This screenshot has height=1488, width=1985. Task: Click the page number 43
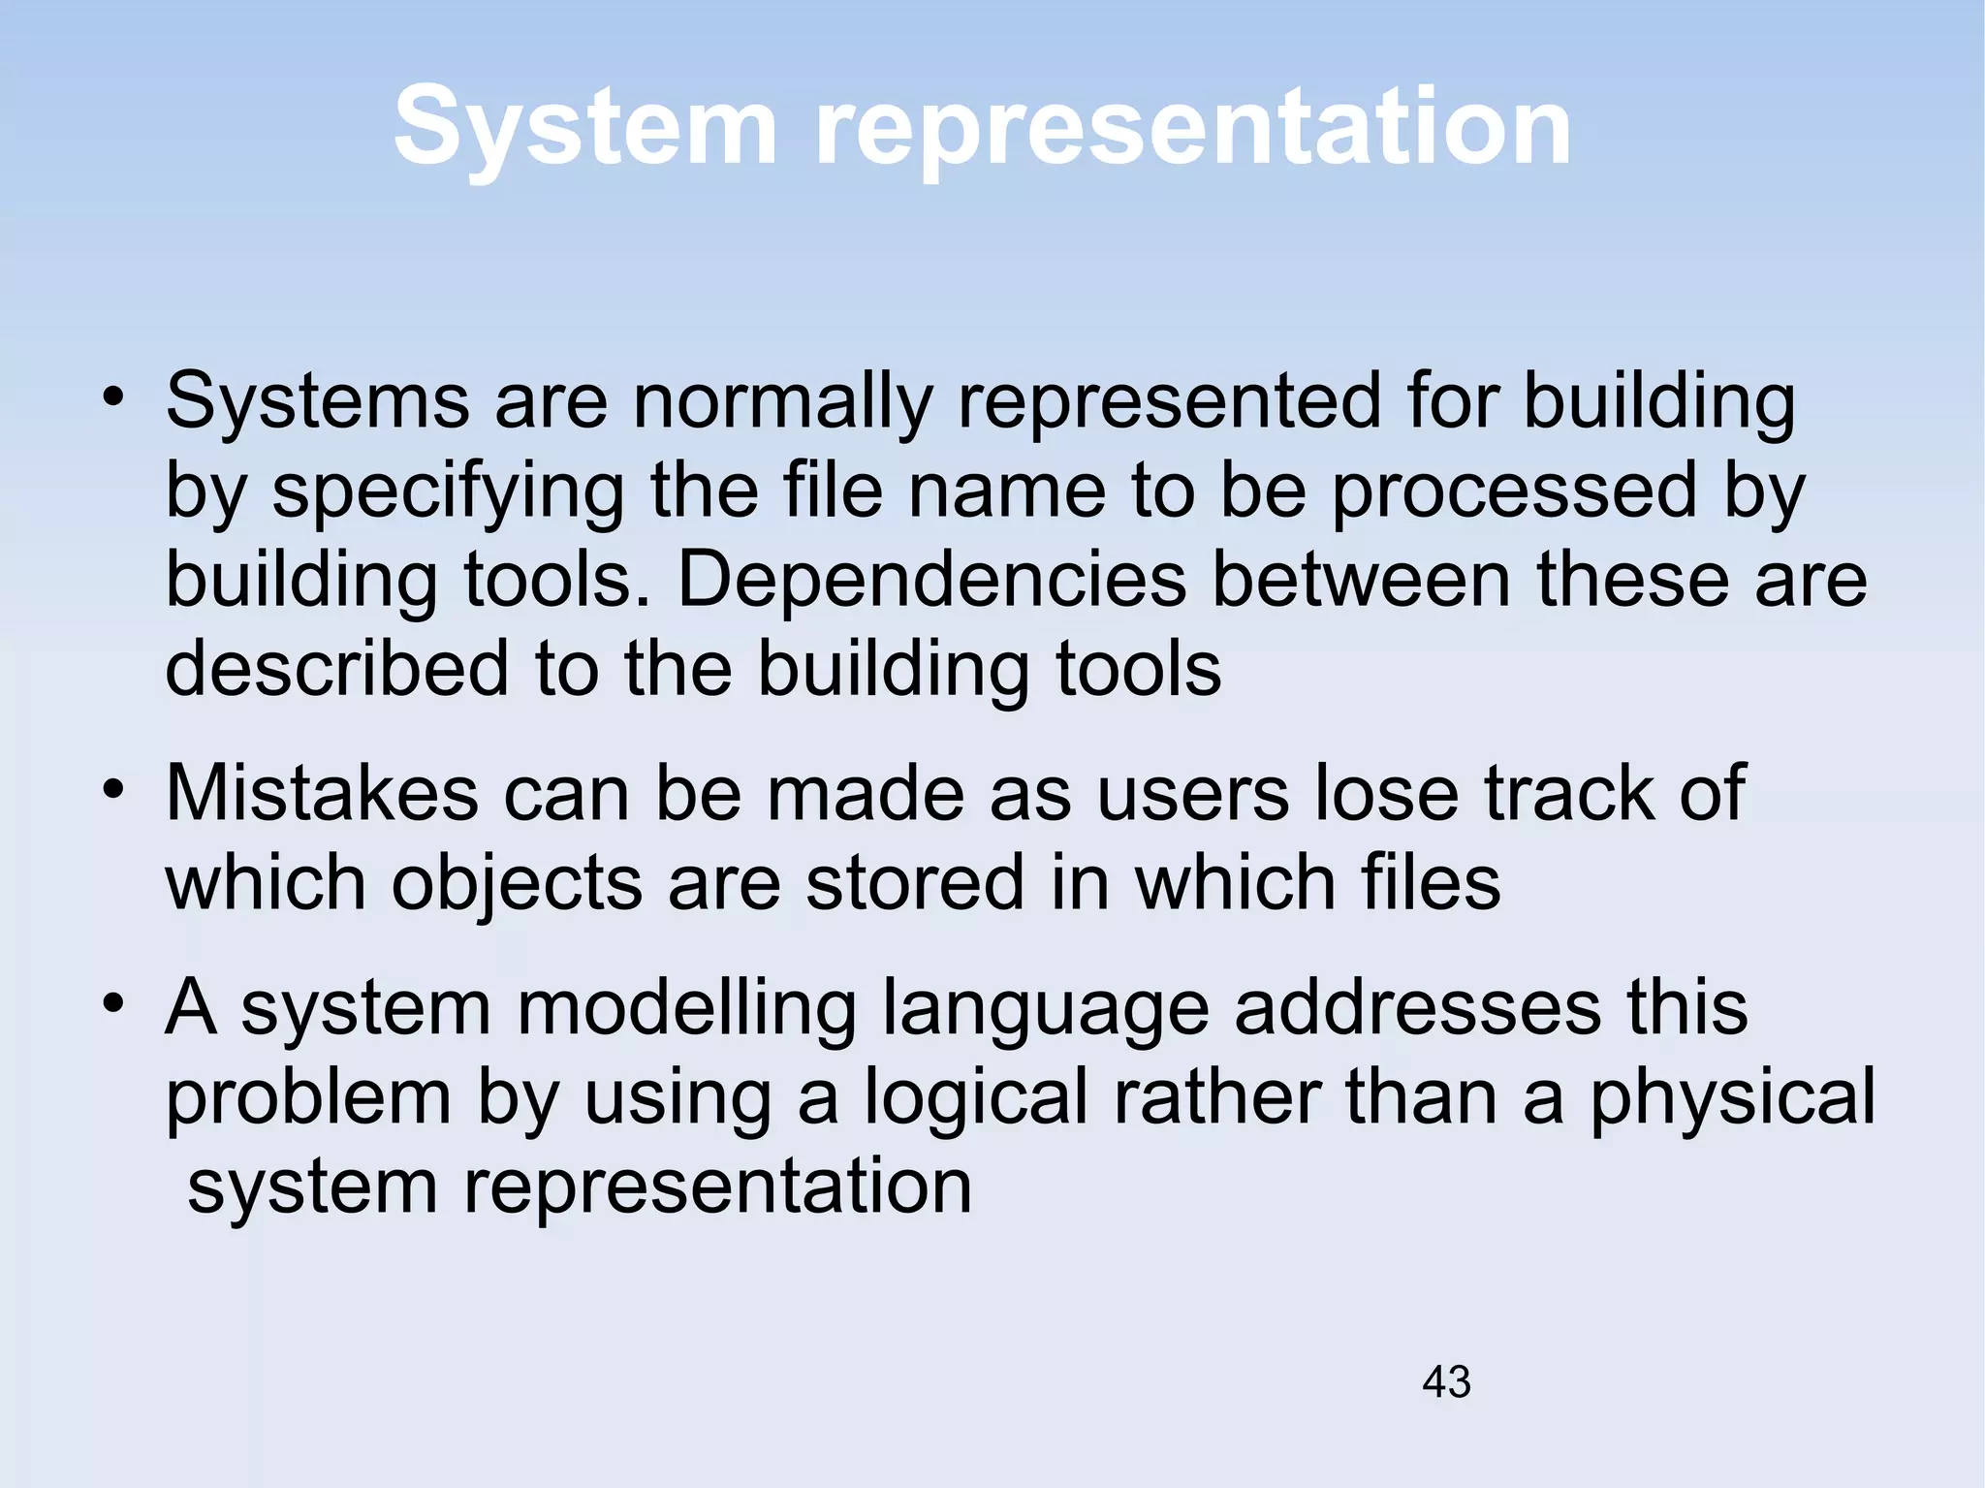(x=1446, y=1381)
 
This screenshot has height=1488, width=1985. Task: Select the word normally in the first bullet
(x=783, y=402)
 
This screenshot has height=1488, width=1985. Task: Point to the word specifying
(x=448, y=491)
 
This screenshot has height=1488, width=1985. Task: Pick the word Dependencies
(x=931, y=580)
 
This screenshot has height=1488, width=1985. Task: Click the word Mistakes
(x=322, y=794)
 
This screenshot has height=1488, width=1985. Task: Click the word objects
(x=517, y=883)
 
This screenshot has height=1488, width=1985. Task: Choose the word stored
(x=914, y=883)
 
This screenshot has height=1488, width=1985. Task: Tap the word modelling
(x=686, y=1009)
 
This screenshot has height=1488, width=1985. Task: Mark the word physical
(x=1732, y=1098)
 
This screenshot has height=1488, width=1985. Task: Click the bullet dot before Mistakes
(x=114, y=789)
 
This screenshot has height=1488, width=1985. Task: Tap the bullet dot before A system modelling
(x=114, y=1003)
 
